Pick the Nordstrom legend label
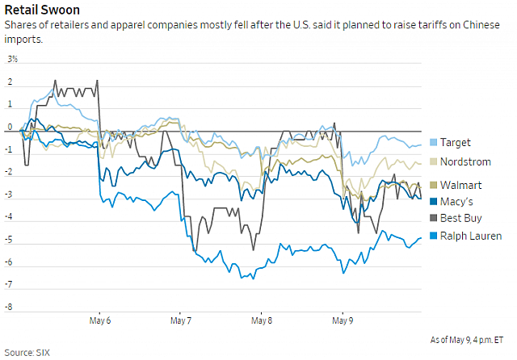[x=465, y=163]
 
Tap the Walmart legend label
[x=460, y=185]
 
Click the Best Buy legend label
[x=460, y=219]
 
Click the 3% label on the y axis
[x=13, y=60]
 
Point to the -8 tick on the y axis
[x=11, y=308]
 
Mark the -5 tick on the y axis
[x=11, y=240]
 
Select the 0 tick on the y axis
[x=11, y=128]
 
